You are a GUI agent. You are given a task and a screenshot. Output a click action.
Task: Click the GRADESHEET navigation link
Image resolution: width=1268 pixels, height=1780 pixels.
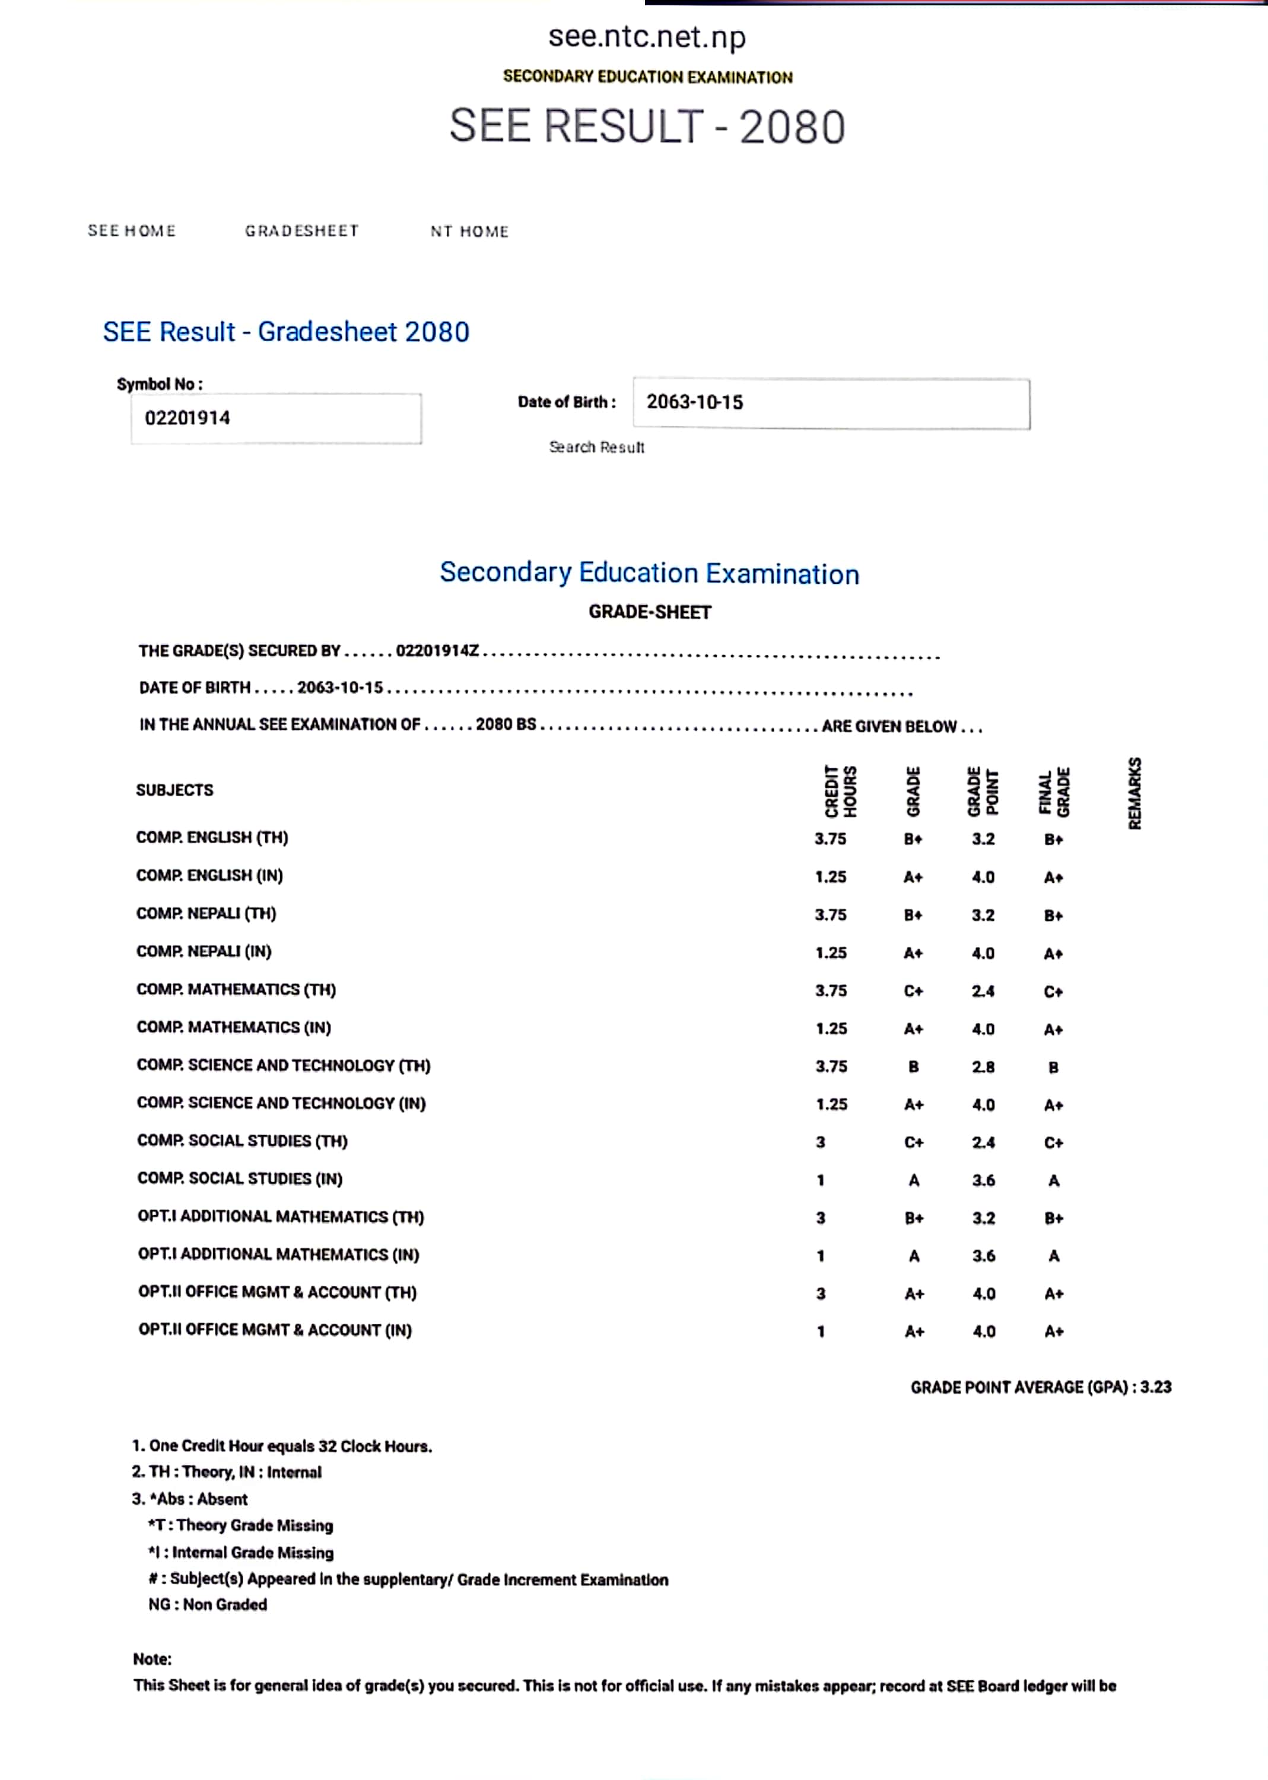(x=301, y=230)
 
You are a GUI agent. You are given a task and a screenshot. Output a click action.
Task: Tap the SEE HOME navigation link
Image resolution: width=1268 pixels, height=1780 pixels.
(x=131, y=230)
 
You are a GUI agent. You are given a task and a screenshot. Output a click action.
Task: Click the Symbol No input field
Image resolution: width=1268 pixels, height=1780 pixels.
(x=276, y=418)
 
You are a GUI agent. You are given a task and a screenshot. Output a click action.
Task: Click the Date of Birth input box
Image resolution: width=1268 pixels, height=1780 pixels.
(x=831, y=403)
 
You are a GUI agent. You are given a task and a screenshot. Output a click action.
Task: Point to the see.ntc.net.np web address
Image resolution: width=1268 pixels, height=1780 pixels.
(x=647, y=37)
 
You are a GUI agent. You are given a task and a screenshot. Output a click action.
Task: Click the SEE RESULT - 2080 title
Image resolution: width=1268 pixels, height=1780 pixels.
(x=647, y=126)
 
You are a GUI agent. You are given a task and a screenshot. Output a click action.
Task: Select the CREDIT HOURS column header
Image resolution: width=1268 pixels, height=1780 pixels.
(x=841, y=791)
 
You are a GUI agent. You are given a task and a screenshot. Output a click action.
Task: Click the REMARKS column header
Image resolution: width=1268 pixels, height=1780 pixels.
(x=1134, y=793)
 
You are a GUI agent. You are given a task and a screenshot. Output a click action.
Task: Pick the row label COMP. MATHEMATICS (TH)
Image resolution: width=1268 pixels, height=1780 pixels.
(x=236, y=989)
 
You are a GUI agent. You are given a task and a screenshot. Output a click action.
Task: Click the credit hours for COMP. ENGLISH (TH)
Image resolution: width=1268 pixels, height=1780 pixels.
(x=830, y=838)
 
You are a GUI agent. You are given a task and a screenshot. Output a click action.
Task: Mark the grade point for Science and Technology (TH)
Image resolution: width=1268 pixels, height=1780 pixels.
(x=983, y=1066)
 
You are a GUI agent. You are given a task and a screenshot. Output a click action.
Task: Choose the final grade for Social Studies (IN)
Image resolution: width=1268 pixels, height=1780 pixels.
(x=1053, y=1180)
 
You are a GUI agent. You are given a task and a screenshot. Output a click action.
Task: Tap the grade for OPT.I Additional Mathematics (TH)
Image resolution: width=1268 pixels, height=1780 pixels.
(x=914, y=1218)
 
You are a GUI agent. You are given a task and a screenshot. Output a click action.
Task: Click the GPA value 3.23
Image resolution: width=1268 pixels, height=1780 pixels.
(x=1156, y=1387)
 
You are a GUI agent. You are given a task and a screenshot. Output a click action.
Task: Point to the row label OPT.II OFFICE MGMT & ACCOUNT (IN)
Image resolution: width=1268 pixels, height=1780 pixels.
(x=275, y=1330)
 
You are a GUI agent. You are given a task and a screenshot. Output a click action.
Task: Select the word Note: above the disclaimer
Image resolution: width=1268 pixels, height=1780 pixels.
(x=152, y=1658)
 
